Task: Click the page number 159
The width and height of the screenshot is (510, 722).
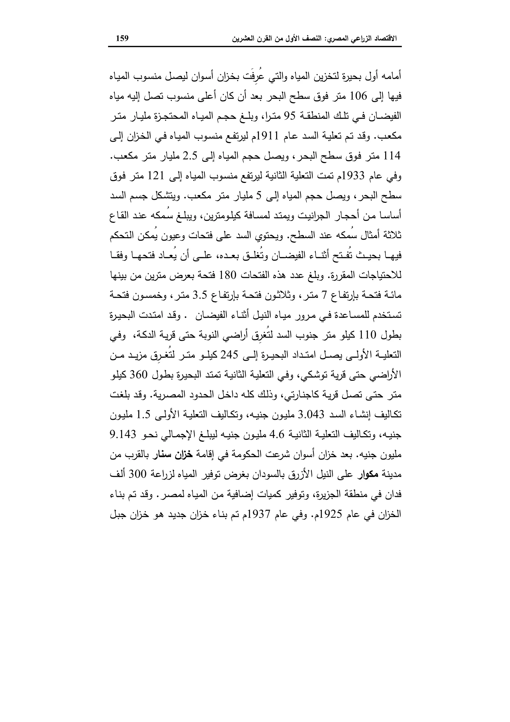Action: [x=123, y=39]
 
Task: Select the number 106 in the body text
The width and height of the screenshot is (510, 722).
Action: [x=359, y=96]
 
